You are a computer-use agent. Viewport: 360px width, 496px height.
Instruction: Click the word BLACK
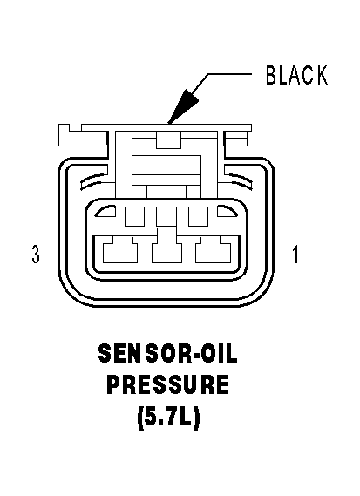(296, 75)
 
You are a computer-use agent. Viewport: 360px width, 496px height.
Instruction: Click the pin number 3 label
(36, 255)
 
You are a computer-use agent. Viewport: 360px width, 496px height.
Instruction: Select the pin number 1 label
(295, 255)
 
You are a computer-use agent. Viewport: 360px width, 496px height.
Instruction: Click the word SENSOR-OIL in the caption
(167, 353)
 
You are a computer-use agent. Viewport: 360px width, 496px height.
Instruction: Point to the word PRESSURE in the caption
(167, 384)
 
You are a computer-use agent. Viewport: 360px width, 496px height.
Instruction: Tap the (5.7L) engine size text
(168, 417)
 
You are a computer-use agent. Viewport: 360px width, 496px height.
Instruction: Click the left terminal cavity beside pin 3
(120, 250)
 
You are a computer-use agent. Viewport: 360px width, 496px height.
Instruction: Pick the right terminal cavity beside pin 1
(214, 250)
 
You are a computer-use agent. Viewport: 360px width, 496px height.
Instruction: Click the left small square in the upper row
(135, 216)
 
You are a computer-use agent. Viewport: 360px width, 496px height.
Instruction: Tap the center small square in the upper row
(166, 216)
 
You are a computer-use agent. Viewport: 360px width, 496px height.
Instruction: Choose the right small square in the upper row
(199, 216)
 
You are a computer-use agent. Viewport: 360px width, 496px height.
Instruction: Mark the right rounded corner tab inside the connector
(227, 211)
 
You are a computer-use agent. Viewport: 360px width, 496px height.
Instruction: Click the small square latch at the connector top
(169, 139)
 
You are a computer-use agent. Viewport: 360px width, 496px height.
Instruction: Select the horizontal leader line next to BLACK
(229, 74)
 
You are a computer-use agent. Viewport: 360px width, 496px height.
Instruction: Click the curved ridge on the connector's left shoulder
(93, 180)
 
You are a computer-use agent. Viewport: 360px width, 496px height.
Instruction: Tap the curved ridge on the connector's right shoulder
(240, 180)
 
